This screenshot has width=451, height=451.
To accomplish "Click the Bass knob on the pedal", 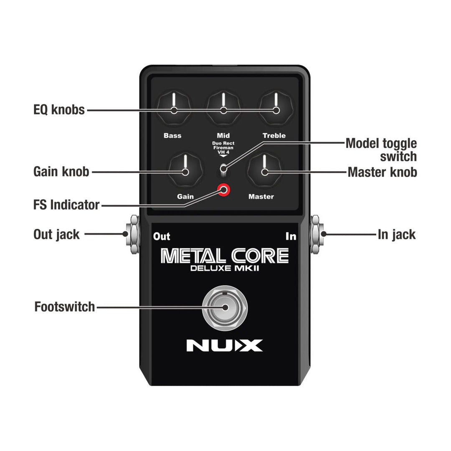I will [173, 108].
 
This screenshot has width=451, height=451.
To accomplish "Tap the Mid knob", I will [223, 108].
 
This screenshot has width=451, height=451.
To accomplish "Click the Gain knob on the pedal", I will [185, 170].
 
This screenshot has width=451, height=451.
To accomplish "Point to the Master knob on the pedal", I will [264, 170].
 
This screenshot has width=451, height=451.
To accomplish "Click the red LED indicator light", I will [224, 190].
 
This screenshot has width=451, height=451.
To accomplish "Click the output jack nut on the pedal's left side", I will [134, 235].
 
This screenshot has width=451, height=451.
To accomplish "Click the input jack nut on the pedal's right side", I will [316, 235].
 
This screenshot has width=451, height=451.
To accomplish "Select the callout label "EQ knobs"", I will [59, 110].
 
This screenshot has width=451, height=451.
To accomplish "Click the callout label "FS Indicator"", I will [66, 205].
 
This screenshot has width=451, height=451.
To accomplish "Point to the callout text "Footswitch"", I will [65, 307].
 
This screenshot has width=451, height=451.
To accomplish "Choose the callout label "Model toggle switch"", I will [381, 150].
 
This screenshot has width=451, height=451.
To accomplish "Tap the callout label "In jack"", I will [397, 235].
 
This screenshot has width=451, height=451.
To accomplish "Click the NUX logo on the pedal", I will [224, 345].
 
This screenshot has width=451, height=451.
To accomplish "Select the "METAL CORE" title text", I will [225, 256].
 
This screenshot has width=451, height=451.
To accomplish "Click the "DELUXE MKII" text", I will [225, 269].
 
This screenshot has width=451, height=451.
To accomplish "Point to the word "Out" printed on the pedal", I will [162, 237].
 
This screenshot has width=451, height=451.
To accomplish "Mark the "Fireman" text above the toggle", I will [223, 148].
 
